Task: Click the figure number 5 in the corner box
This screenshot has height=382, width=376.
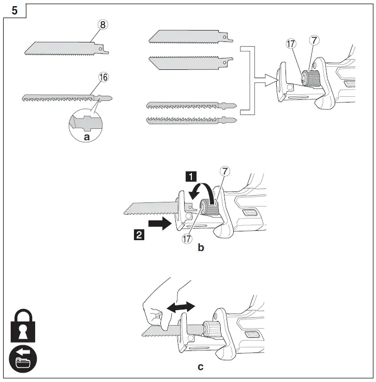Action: tap(15, 10)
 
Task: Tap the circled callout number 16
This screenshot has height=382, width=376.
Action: tap(103, 77)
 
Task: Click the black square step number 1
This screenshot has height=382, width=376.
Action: tap(191, 177)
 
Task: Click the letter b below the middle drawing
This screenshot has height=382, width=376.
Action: tap(201, 248)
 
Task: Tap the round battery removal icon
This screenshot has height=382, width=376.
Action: tap(23, 361)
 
